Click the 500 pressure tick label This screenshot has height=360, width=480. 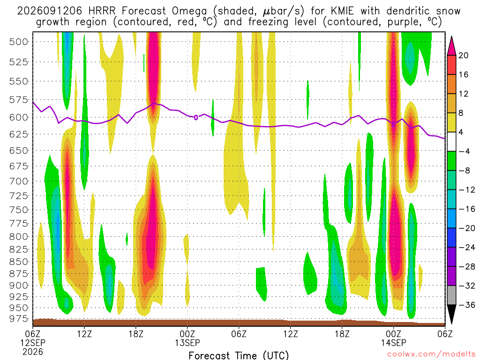[x=19, y=42]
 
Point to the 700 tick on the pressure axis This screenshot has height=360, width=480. [x=19, y=181]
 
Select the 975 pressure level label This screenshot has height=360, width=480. [x=19, y=319]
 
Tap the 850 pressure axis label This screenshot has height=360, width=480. [x=19, y=262]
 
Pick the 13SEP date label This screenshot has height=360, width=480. [x=187, y=343]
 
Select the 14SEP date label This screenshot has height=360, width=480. [x=394, y=343]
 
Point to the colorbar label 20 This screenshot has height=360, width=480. [x=464, y=55]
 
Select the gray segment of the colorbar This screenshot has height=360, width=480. [x=451, y=295]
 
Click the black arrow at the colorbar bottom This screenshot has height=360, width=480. [x=451, y=314]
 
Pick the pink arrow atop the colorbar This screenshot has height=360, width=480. [x=451, y=46]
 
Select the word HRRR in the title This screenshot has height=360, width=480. [x=102, y=11]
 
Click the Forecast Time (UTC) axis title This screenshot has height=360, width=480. [x=239, y=355]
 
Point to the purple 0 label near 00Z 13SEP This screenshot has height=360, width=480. [x=196, y=117]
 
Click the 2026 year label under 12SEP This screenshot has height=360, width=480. [x=33, y=352]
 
